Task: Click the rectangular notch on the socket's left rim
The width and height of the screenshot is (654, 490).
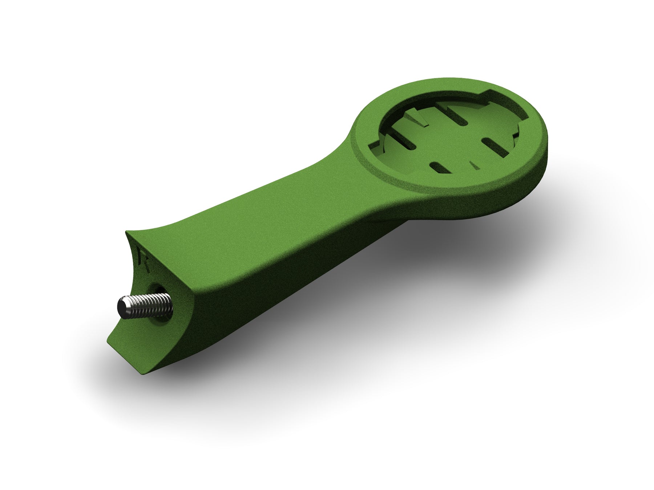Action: pyautogui.click(x=374, y=145)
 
